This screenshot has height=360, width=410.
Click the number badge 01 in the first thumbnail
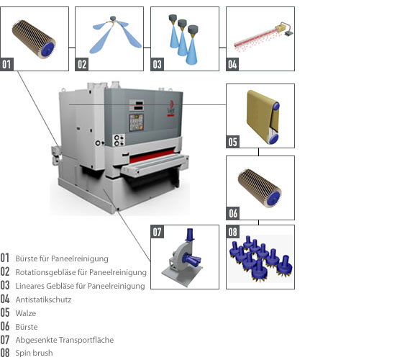click(6, 64)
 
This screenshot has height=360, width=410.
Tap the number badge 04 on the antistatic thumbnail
click(232, 64)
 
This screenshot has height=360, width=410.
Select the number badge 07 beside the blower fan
click(157, 232)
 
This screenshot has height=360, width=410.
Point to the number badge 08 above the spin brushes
click(232, 232)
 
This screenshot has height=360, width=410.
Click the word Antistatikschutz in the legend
click(43, 300)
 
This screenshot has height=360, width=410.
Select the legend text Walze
click(26, 313)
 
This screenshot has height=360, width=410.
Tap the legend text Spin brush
click(34, 353)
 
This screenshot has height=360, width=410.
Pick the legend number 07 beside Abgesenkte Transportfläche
click(5, 340)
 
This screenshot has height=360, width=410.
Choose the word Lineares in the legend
click(29, 286)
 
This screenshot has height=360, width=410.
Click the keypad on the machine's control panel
click(136, 122)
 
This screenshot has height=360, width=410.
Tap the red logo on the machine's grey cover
click(171, 107)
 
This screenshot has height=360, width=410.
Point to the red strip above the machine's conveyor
click(152, 155)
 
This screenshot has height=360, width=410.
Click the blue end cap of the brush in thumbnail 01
click(47, 49)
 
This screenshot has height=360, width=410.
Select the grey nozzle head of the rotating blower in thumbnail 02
click(113, 18)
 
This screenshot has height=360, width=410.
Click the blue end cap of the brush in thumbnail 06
click(273, 199)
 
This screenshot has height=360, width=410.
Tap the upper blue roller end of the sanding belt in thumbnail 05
click(276, 107)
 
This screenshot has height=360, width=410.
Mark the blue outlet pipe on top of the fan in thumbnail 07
click(190, 235)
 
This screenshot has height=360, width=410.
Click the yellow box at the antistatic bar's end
click(280, 28)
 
